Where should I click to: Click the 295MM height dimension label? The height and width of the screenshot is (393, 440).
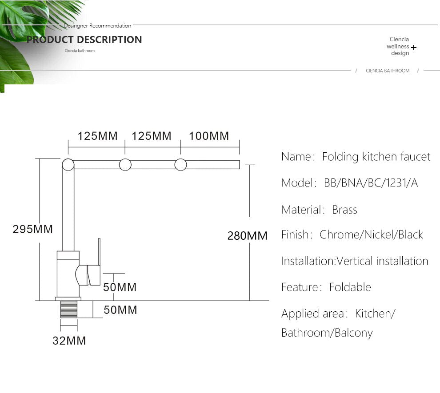tap(32, 230)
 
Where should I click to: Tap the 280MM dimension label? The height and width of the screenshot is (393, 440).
tap(247, 236)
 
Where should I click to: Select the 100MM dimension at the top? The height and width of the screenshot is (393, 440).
tap(209, 136)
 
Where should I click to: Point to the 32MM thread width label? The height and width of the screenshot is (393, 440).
tap(69, 341)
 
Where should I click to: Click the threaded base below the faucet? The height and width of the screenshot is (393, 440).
tap(68, 310)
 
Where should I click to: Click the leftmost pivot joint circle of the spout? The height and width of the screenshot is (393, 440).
tap(68, 165)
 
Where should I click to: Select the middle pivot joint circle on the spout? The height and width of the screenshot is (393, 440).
tap(125, 165)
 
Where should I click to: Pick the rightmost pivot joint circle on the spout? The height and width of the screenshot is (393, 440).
tap(180, 165)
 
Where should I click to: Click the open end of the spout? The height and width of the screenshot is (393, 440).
tap(238, 165)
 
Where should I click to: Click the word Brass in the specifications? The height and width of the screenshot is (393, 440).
tap(344, 210)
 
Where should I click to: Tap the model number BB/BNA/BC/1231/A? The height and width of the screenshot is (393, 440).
tap(371, 183)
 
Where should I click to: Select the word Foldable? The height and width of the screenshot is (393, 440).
tap(350, 287)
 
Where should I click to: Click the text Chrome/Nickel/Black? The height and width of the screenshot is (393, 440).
tap(371, 235)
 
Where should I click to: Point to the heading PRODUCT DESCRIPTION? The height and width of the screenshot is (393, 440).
tap(84, 40)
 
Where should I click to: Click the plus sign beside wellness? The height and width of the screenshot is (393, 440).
tap(414, 47)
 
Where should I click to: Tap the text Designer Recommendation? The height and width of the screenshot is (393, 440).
tap(97, 26)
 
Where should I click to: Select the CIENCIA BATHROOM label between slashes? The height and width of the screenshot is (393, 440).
tap(388, 71)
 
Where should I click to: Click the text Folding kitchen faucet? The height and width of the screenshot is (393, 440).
tap(376, 157)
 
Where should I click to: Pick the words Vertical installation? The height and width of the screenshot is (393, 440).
tap(382, 261)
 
